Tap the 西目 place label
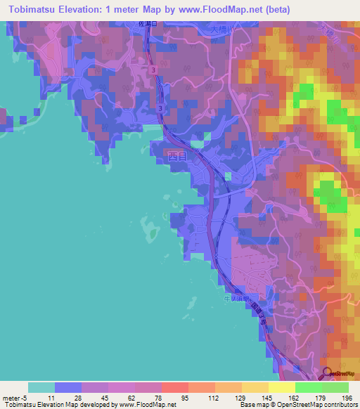tap(178, 157)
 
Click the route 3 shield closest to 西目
tap(161, 108)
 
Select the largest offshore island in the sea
tap(149, 226)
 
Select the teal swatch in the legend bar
tap(41, 387)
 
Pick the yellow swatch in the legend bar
tap(281, 387)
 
